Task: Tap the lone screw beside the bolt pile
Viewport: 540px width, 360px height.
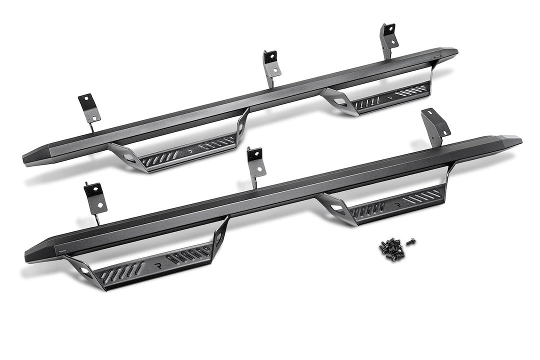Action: tap(411, 241)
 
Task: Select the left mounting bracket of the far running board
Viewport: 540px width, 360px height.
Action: tap(88, 108)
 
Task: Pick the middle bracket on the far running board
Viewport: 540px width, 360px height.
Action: tap(271, 64)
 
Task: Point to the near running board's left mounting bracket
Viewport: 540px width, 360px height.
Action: tap(95, 198)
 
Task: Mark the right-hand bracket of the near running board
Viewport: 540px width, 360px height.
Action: tap(434, 125)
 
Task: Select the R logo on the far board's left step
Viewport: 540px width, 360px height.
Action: tap(189, 149)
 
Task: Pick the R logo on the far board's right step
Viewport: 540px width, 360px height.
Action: tap(388, 93)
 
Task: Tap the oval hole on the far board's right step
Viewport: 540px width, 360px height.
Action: tap(339, 101)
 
